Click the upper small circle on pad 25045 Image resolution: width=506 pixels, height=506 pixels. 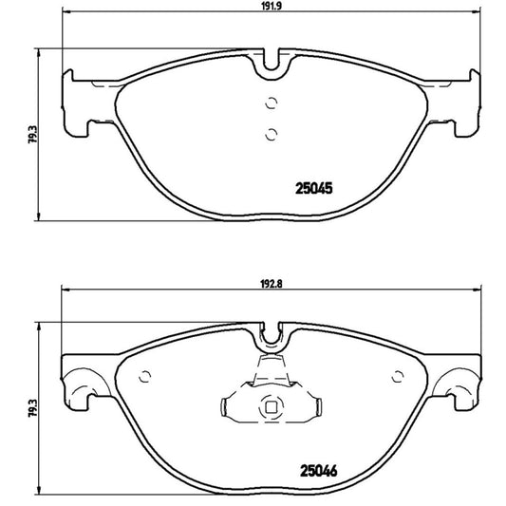pos(271,105)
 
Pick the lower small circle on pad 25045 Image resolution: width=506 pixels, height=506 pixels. pos(271,133)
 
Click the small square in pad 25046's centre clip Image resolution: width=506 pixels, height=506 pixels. pos(271,409)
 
